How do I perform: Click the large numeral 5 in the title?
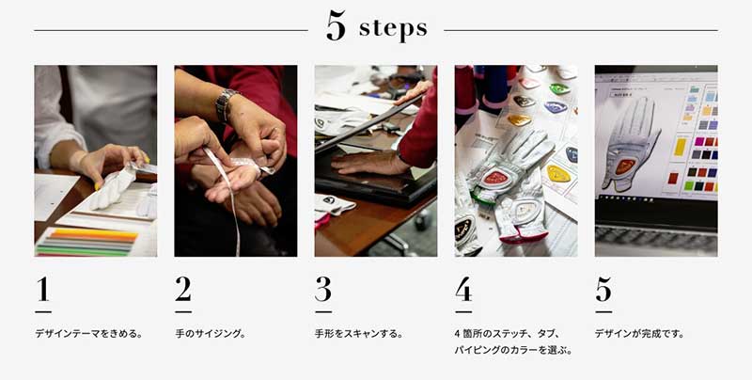tap(336, 26)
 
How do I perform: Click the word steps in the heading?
tap(393, 29)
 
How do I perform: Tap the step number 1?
tap(43, 290)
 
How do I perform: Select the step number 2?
tap(183, 290)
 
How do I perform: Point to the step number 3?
tap(323, 290)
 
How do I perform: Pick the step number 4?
tap(463, 290)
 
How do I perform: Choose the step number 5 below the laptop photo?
tap(603, 290)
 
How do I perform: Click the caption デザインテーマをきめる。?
tap(88, 334)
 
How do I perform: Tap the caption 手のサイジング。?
tap(210, 334)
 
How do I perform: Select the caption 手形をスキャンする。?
tap(359, 334)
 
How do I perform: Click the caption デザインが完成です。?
tap(640, 334)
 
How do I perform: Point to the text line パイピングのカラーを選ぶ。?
tap(513, 350)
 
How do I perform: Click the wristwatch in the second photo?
tap(225, 105)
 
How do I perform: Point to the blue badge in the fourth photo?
tap(556, 107)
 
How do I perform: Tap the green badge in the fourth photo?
tap(559, 88)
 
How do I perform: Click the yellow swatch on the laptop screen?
tap(680, 147)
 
